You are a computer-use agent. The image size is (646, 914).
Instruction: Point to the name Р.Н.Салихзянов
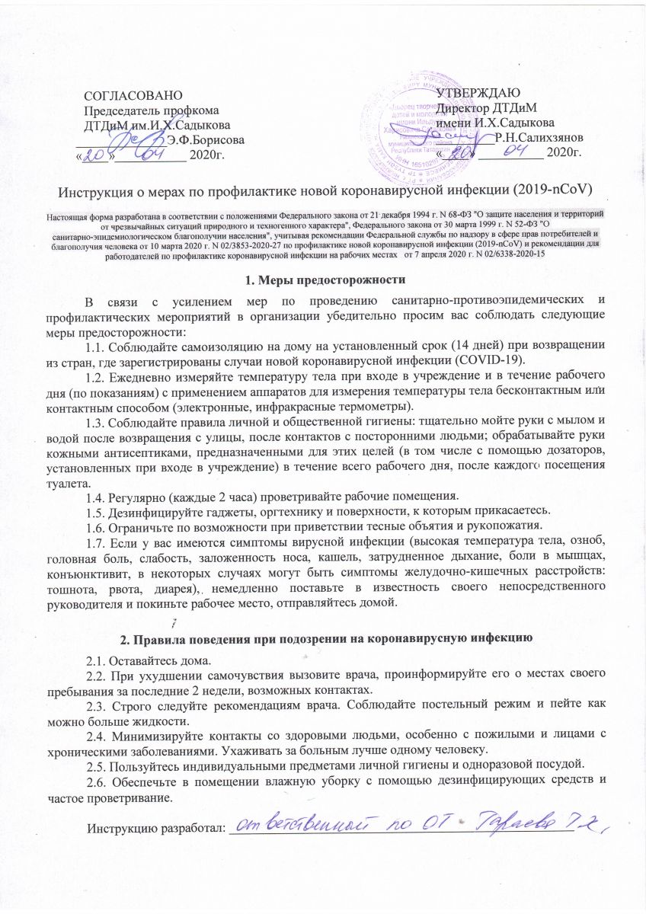tap(539, 137)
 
